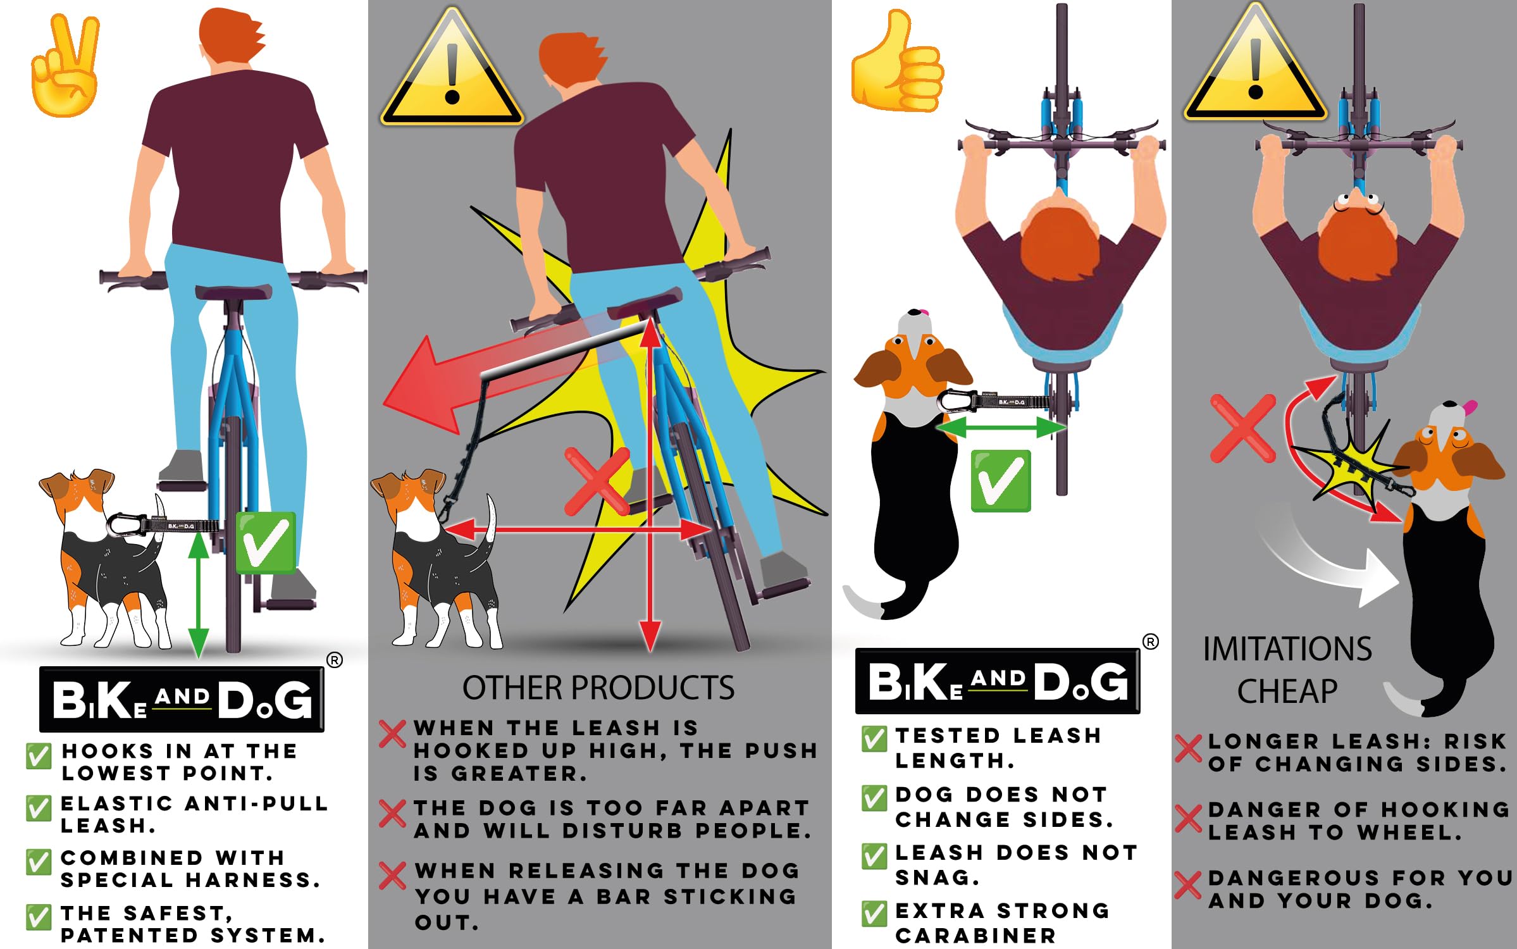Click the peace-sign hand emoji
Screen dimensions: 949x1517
click(x=66, y=66)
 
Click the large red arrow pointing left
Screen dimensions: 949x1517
click(x=443, y=386)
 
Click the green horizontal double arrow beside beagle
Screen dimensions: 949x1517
click(x=1000, y=428)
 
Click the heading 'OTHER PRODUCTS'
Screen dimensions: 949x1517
click(x=598, y=688)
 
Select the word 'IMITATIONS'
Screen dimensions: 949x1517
click(x=1287, y=649)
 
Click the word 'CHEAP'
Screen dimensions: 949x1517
click(x=1287, y=691)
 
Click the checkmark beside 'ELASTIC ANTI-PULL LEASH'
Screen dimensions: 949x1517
click(x=38, y=808)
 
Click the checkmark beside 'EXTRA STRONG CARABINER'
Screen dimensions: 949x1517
click(x=874, y=914)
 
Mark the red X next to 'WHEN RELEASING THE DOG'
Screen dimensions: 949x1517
click(x=393, y=876)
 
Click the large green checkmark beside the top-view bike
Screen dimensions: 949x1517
click(x=1001, y=481)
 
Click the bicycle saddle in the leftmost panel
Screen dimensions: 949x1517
click(x=233, y=292)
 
